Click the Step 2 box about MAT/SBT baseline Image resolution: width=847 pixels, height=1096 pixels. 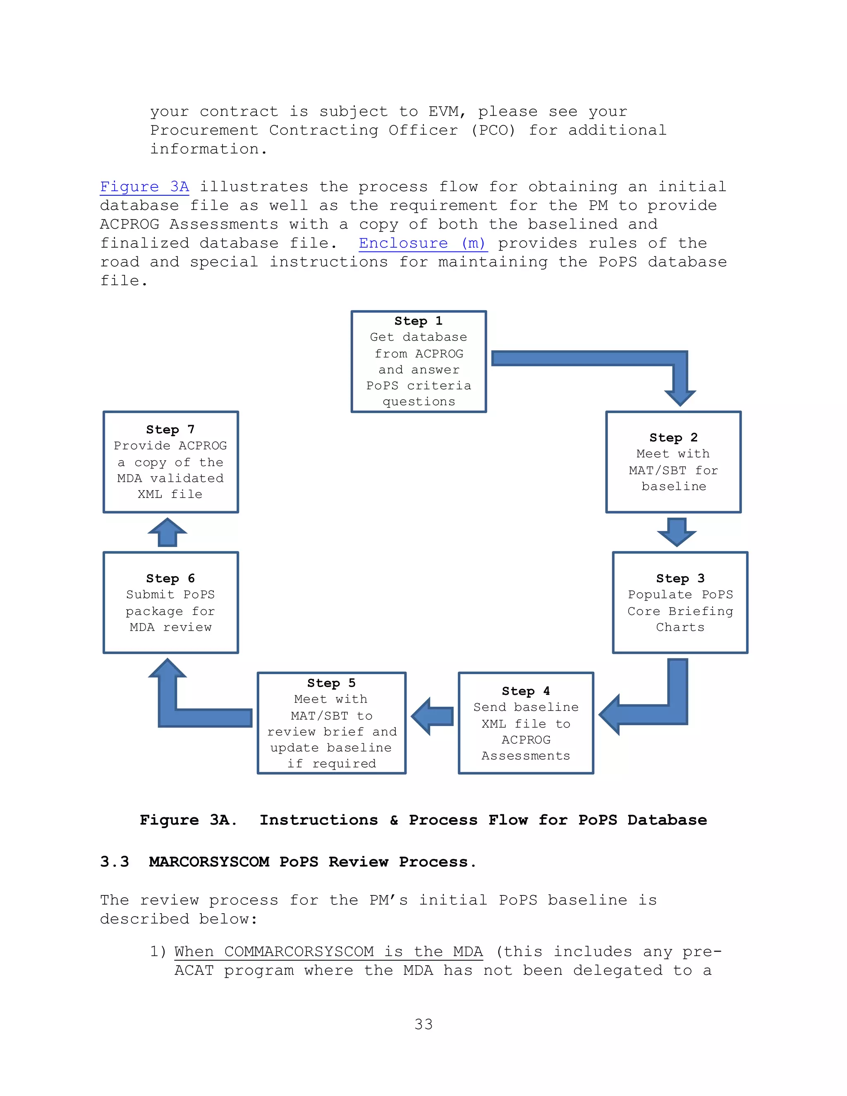pyautogui.click(x=673, y=462)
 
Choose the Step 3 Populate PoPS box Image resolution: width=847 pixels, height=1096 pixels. pyautogui.click(x=680, y=602)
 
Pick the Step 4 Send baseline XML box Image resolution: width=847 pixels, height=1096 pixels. pyautogui.click(x=526, y=723)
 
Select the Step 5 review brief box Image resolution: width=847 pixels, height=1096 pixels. pyautogui.click(x=331, y=723)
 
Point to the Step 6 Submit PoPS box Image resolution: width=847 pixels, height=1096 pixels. pyautogui.click(x=171, y=602)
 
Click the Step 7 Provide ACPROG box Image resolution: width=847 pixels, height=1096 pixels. pyautogui.click(x=171, y=462)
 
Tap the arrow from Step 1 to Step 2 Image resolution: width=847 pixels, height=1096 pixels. pyautogui.click(x=602, y=358)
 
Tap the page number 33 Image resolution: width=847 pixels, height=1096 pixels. pyautogui.click(x=423, y=1024)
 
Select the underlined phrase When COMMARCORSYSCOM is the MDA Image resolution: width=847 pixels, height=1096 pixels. pyautogui.click(x=329, y=952)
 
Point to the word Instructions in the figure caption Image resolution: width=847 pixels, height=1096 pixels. pyautogui.click(x=318, y=820)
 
